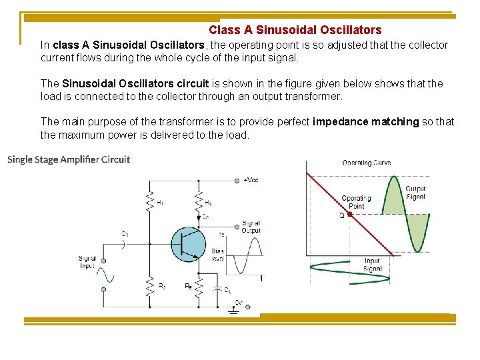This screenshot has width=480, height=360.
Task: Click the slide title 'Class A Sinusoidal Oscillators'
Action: point(295,30)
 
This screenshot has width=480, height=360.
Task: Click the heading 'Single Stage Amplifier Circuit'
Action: point(69,159)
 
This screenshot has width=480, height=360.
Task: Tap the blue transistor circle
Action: point(189,244)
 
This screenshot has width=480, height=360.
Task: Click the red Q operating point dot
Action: point(349,215)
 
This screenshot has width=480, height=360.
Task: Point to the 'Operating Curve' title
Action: point(366,163)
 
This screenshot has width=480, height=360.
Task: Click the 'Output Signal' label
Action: point(415,193)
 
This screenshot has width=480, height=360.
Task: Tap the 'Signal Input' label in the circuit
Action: point(87,262)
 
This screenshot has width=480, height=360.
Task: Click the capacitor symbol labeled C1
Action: point(124,243)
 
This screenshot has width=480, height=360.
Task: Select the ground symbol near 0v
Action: point(233,311)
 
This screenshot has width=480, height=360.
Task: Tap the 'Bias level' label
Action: point(217,255)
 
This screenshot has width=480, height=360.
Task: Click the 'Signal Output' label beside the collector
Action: point(251,227)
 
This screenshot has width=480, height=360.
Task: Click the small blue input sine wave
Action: point(105,275)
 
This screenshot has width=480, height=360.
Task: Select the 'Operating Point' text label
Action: point(357,202)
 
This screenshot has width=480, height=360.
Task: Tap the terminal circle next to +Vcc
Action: point(237,180)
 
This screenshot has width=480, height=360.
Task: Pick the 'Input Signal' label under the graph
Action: point(372,265)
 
